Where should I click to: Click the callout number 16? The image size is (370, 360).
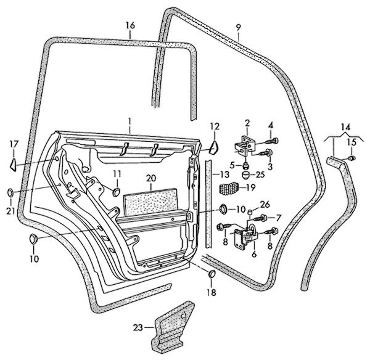[x=129, y=25]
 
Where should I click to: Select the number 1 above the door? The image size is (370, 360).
[x=130, y=120]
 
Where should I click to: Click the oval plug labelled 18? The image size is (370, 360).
[x=211, y=274]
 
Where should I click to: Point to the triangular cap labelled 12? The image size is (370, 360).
[x=213, y=147]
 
